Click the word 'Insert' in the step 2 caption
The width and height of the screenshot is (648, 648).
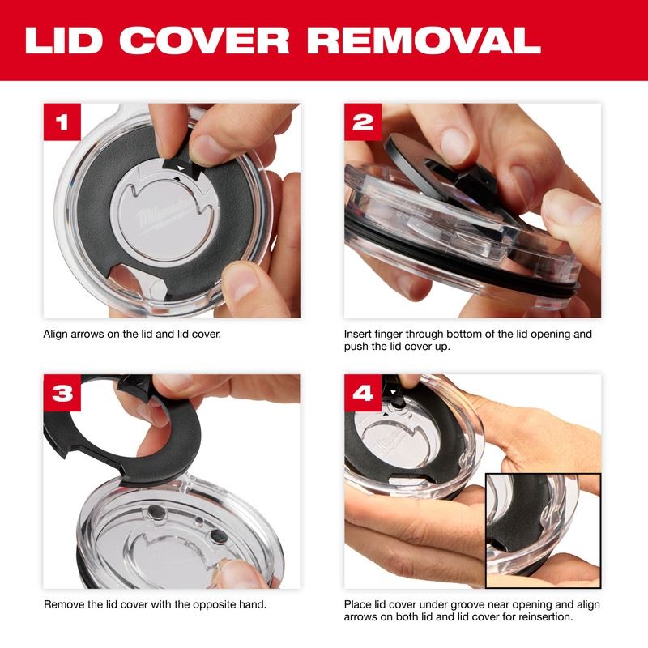click(359, 333)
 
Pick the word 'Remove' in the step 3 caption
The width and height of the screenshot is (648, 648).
click(64, 604)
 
